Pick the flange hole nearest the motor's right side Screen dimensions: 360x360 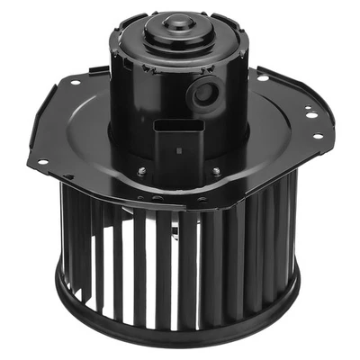262,79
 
